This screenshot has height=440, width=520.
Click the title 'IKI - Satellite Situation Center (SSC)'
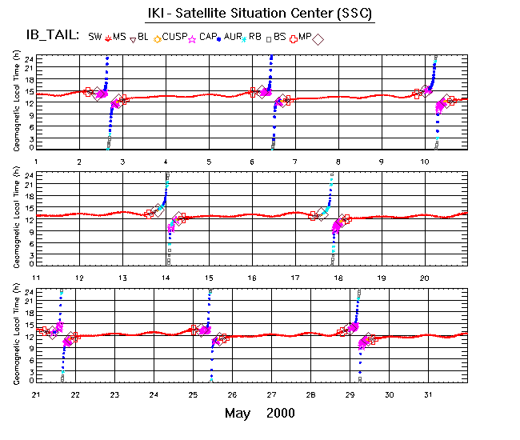pyautogui.click(x=260, y=14)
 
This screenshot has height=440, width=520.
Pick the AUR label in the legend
pyautogui.click(x=234, y=37)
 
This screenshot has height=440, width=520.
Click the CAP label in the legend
pyautogui.click(x=208, y=37)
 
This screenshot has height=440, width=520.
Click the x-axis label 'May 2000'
pyautogui.click(x=259, y=413)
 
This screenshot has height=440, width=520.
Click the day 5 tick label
pyautogui.click(x=209, y=162)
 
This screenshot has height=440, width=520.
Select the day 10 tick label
pyautogui.click(x=425, y=162)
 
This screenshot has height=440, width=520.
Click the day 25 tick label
pyautogui.click(x=193, y=394)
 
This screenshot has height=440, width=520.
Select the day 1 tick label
pyautogui.click(x=36, y=162)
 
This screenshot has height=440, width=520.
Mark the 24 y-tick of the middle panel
pyautogui.click(x=29, y=174)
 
